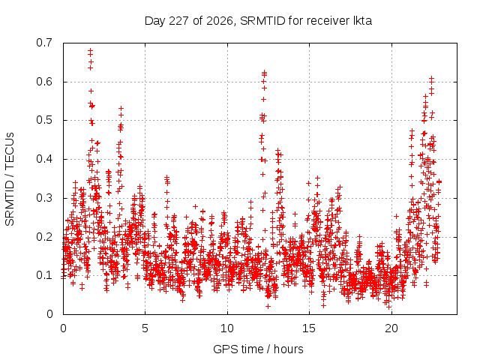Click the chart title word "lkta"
coord(362,21)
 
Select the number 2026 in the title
coord(219,21)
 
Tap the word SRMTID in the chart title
coord(262,21)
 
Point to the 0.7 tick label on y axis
coord(44,43)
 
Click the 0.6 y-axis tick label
coord(44,82)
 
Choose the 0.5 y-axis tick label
coord(44,120)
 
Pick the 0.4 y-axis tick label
coord(44,159)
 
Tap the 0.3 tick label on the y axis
coord(44,198)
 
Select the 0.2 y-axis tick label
coord(44,237)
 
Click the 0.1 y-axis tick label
coord(44,275)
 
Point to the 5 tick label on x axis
coord(145,328)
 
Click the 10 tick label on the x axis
coord(226,328)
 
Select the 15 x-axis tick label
coord(309,328)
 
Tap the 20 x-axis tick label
coord(391,328)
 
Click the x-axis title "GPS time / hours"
coord(258,349)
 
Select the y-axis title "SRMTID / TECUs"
coord(10,179)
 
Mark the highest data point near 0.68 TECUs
coord(90,50)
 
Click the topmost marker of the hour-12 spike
coord(264,72)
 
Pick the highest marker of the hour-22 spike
coord(432,78)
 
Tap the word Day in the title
coord(154,21)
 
